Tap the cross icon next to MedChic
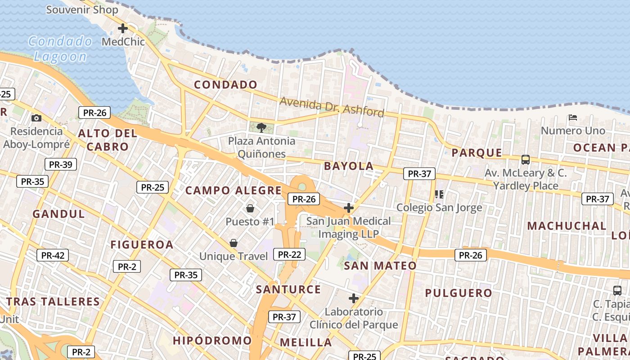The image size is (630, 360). coord(122,29)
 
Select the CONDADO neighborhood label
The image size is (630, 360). coord(225,85)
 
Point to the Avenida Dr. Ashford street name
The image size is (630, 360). coord(332,106)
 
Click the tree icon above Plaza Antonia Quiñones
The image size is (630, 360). coord(261,128)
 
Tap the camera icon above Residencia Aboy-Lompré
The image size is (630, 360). coord(36,118)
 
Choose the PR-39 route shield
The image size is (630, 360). coord(61,164)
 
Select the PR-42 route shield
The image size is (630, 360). coord(53,256)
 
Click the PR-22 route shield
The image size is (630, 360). coord(289,254)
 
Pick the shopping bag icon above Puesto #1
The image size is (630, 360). coord(250,208)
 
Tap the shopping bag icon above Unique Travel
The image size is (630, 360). coord(234,243)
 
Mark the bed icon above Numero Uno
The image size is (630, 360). coord(573,118)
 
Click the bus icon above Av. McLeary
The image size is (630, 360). coord(525,160)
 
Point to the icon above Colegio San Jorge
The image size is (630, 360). coord(439,194)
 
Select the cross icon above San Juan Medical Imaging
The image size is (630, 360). coord(348,208)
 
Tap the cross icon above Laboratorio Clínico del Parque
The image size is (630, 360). coord(354,298)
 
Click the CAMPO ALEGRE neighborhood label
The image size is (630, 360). coord(234,190)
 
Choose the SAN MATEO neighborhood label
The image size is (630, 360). coord(380,265)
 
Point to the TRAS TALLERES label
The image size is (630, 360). coord(53,301)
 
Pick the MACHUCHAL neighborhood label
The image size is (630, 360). coord(567,226)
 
